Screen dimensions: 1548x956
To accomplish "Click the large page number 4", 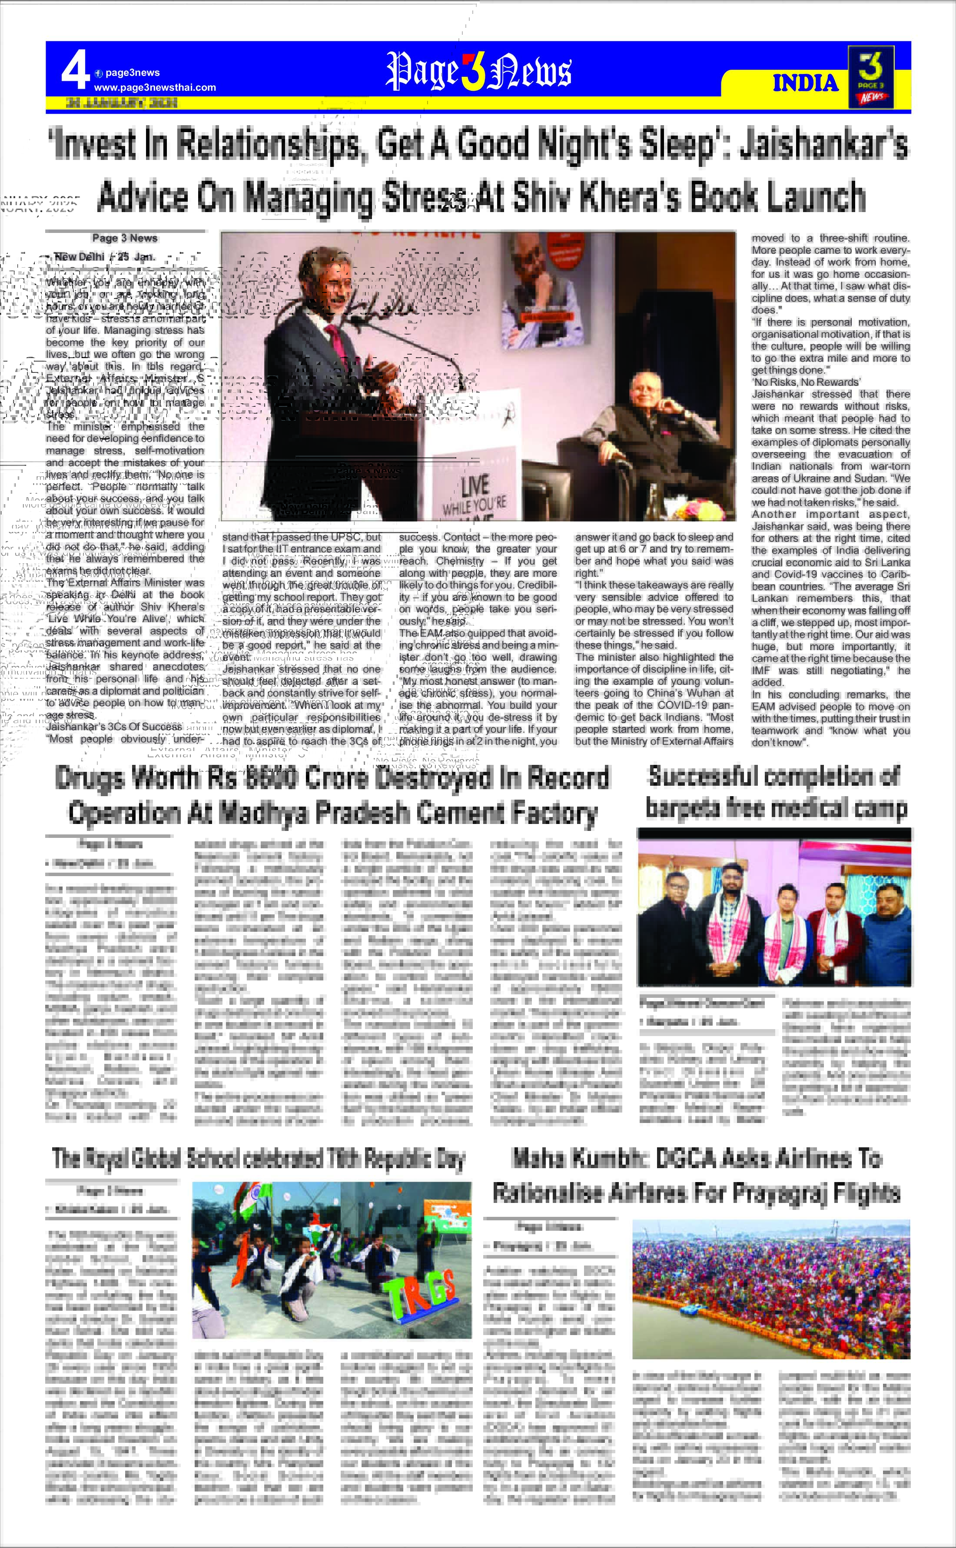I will (x=75, y=71).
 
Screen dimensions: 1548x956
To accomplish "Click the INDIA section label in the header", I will (x=805, y=83).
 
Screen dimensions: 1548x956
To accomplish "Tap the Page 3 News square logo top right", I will (x=871, y=76).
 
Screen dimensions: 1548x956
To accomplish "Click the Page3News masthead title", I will (x=478, y=71).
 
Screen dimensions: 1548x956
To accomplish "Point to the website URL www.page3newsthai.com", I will (x=155, y=87).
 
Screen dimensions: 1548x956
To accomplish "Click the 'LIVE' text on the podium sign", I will (x=475, y=485).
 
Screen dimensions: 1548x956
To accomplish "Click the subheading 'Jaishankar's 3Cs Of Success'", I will (x=114, y=727).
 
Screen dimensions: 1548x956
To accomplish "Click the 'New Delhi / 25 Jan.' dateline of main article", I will (x=104, y=257).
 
